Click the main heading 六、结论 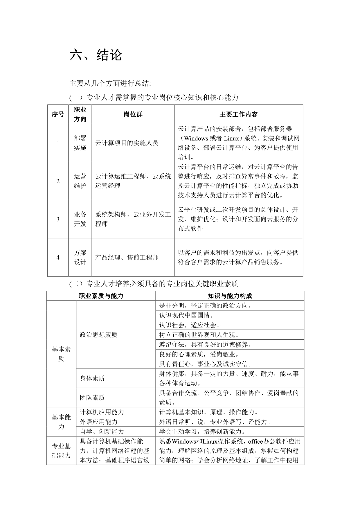tap(96, 55)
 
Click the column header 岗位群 tap(133, 114)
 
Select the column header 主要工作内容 tap(238, 114)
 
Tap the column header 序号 tap(58, 114)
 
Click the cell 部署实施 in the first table tap(80, 143)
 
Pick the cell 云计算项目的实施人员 tap(127, 143)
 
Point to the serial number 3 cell tap(58, 219)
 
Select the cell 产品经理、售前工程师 tap(127, 257)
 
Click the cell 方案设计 tap(80, 257)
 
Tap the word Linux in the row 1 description tap(231, 138)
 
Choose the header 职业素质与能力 tap(101, 296)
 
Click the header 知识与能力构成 tap(230, 296)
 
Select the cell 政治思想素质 tap(98, 335)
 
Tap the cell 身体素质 tap(92, 378)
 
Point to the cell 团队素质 tap(92, 398)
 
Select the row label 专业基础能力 tap(61, 451)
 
